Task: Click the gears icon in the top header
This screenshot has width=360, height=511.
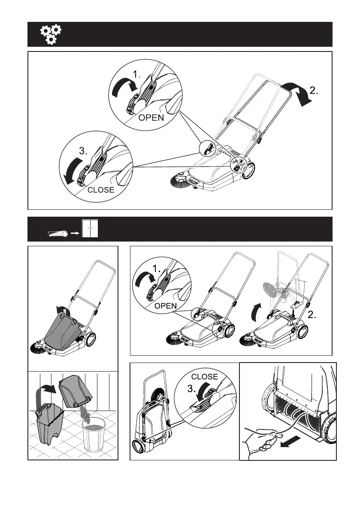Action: [x=51, y=35]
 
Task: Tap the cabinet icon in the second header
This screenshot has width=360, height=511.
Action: [x=90, y=229]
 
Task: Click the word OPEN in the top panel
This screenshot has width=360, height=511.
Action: [x=151, y=117]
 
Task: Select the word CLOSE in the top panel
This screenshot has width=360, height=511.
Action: [x=101, y=190]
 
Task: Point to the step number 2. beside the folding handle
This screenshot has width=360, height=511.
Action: [x=314, y=91]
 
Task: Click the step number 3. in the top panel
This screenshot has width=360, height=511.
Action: [x=83, y=151]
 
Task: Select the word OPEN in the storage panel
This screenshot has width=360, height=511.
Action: [x=166, y=306]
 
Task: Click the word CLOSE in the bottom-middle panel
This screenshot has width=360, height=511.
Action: [x=205, y=377]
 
